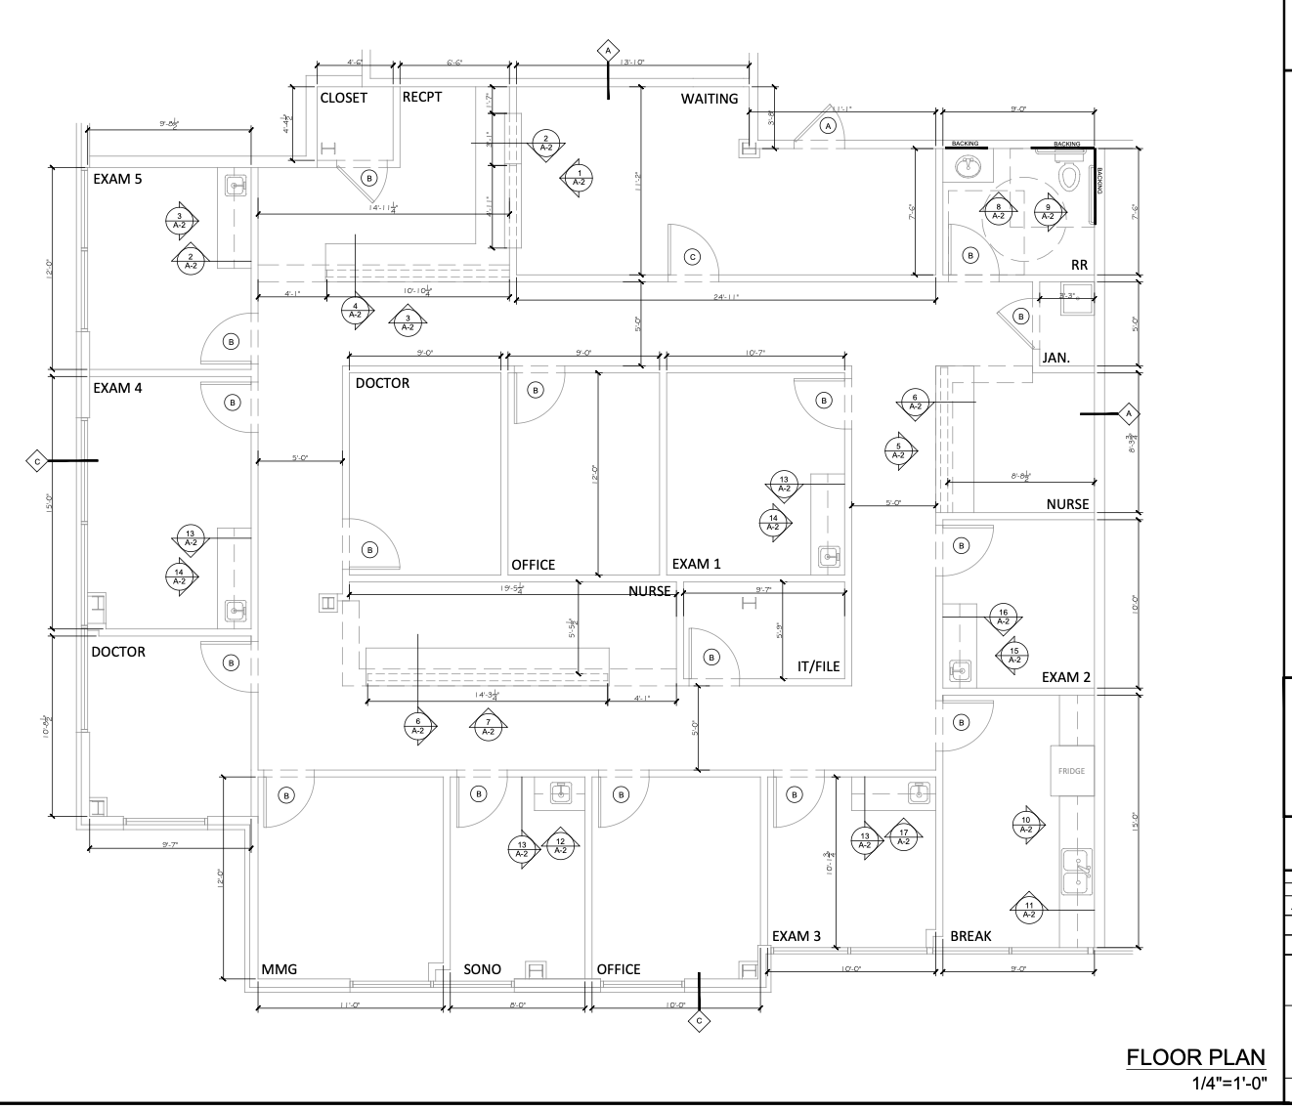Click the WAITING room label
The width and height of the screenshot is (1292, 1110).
pos(710,99)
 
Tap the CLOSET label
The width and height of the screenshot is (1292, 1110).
pos(344,98)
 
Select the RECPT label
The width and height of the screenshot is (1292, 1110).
pos(422,97)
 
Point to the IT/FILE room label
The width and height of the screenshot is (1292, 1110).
pos(818,667)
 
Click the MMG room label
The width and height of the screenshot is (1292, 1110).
pos(279,969)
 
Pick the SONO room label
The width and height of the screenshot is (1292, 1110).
pos(482,969)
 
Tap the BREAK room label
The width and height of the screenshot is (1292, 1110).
pos(970,936)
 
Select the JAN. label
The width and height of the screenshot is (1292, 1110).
pos(1056,359)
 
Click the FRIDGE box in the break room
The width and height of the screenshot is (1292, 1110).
pos(1071,771)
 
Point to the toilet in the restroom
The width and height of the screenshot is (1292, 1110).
pos(1069,177)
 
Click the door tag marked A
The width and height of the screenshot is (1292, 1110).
pos(830,125)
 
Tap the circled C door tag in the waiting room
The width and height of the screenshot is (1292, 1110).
pos(693,257)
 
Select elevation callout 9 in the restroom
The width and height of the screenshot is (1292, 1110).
pos(1048,211)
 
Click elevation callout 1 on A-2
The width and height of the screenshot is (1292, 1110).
pos(579,178)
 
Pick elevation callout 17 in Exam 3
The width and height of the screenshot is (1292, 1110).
pos(903,837)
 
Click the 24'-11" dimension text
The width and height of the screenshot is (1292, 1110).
pos(726,297)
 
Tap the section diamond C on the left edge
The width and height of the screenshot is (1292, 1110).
pos(37,460)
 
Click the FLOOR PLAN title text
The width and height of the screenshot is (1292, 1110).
pos(1196,1057)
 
